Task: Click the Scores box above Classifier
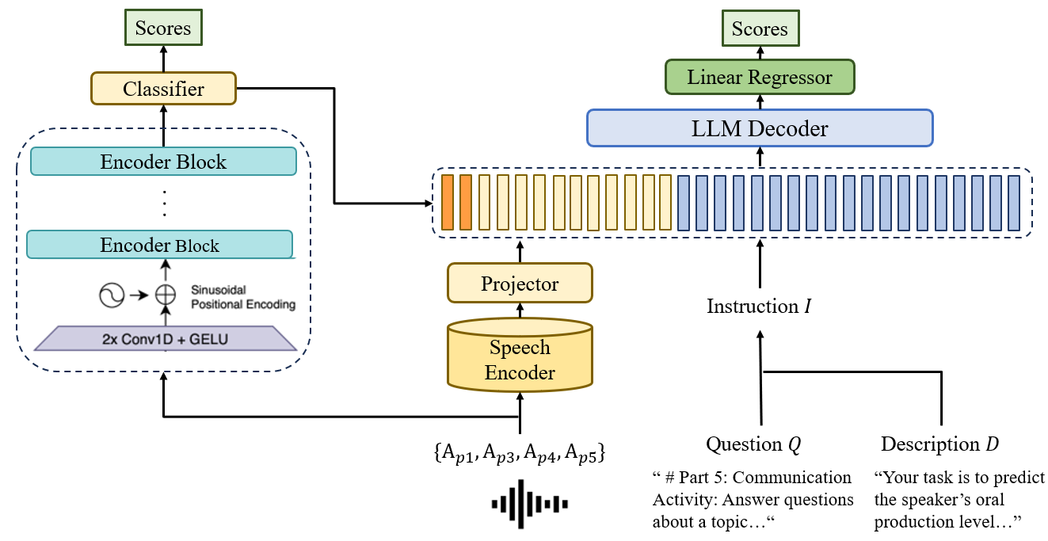point(163,29)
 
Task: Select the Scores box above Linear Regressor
point(760,29)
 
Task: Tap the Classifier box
point(163,89)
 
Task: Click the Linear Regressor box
point(760,78)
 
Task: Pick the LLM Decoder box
point(760,128)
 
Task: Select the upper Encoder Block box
point(163,162)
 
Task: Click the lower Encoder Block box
point(159,245)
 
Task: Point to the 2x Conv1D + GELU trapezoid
point(166,338)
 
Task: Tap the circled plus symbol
point(165,295)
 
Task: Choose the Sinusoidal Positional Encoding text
point(243,297)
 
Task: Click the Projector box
point(520,284)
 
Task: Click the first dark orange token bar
point(448,202)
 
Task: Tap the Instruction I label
point(758,307)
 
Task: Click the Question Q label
point(753,444)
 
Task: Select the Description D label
point(939,444)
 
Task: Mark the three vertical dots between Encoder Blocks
point(164,204)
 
